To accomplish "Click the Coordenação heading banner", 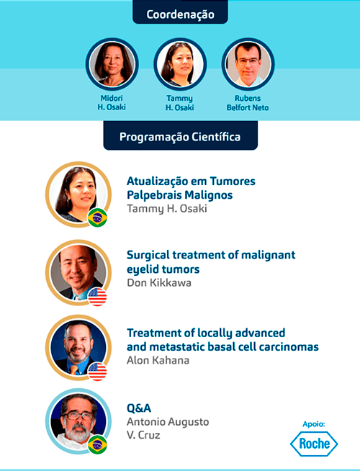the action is (180, 13).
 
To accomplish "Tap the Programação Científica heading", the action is (180, 136).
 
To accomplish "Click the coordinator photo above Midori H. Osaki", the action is (112, 64).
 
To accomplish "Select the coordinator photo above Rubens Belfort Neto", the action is (248, 64).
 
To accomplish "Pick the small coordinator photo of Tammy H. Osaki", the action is (180, 64).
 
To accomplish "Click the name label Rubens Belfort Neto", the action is (248, 103).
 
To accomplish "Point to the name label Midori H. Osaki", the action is (112, 103).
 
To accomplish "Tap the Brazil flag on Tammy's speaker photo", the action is (97, 217).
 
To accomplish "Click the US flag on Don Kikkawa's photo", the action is (97, 297).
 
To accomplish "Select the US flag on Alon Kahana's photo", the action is (97, 372).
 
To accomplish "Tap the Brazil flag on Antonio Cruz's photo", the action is (97, 444).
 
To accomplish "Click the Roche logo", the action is (314, 444).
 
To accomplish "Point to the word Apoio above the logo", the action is (313, 424).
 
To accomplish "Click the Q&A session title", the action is (139, 408).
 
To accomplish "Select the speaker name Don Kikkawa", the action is (159, 282).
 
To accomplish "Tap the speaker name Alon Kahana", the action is (158, 360).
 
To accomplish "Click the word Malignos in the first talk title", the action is (209, 195).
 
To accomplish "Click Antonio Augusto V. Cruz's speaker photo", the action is (78, 421).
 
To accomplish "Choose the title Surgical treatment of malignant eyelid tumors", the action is (211, 261).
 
